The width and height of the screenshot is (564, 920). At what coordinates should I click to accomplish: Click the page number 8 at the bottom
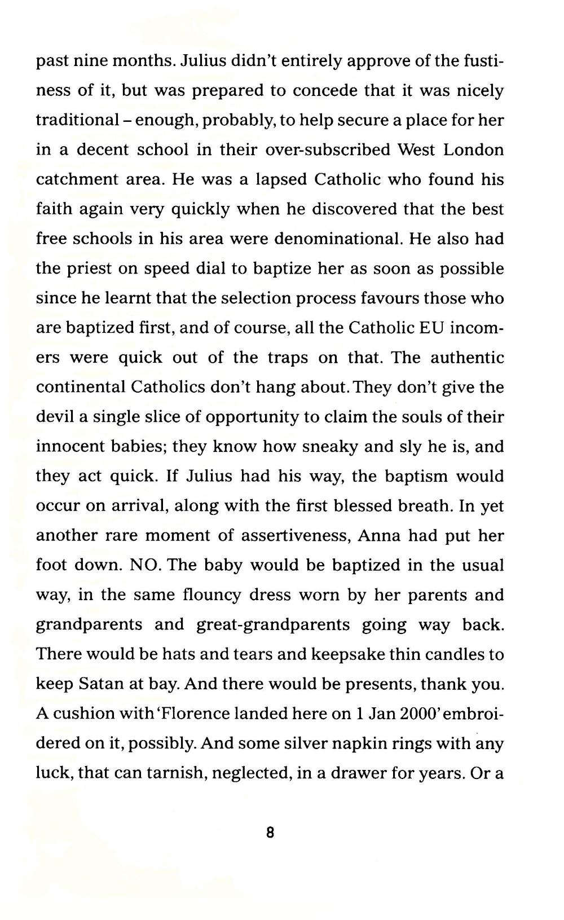pos(270,832)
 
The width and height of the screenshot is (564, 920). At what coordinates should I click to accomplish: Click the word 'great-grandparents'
pos(274,624)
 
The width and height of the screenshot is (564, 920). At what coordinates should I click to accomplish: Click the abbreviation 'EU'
pos(430,328)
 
